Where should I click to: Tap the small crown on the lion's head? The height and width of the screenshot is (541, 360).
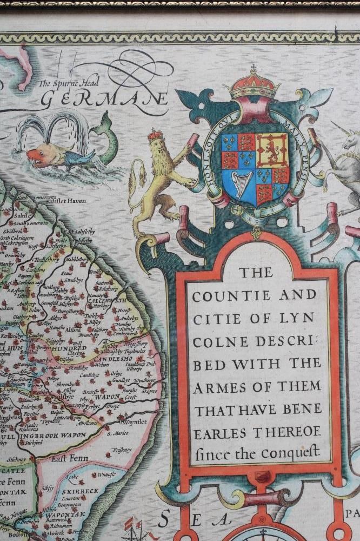(156, 135)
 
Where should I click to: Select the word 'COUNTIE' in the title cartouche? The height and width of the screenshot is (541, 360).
(224, 296)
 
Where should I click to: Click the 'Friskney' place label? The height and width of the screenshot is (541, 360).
(122, 449)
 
